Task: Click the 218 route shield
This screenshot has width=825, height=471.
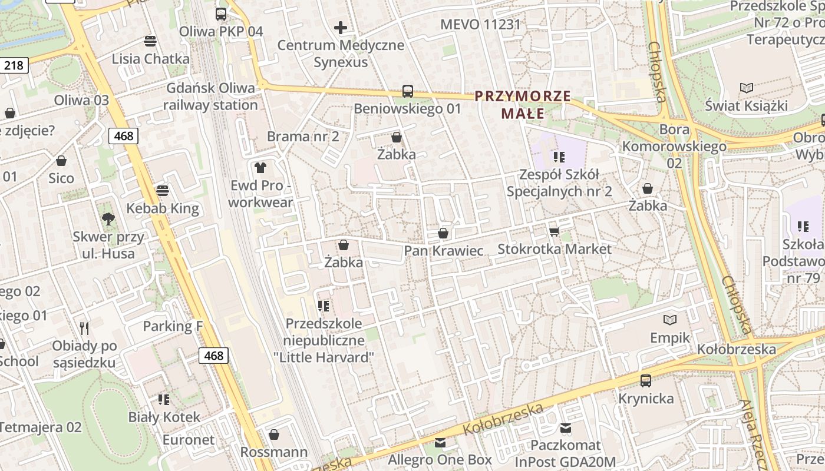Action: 14,65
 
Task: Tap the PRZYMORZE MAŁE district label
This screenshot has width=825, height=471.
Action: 523,104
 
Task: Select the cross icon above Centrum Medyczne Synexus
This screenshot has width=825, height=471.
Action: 341,28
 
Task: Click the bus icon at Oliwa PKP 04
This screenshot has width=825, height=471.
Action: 221,14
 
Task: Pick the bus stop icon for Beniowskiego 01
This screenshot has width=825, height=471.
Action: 408,91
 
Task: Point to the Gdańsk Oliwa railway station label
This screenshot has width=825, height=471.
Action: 211,97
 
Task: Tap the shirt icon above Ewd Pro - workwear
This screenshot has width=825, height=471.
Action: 260,168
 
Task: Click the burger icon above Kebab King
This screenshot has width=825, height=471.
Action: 163,191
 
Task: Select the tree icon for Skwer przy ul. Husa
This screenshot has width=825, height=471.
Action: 108,220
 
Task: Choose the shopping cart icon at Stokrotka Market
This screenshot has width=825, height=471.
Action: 554,232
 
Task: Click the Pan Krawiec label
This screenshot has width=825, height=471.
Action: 443,251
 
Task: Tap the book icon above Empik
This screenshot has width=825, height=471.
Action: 670,320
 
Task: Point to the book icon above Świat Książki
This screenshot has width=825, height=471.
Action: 747,88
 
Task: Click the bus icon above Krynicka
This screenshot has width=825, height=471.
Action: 646,381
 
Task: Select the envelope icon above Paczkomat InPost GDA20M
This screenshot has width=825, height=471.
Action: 566,428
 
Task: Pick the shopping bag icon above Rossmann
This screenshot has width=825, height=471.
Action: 274,435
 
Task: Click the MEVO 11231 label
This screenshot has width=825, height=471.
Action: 481,25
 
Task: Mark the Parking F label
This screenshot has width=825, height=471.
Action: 169,326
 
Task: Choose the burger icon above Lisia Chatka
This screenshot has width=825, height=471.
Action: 151,41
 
